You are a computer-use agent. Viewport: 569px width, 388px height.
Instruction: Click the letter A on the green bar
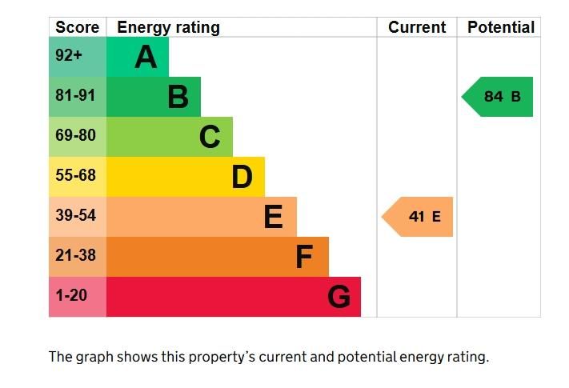(x=145, y=57)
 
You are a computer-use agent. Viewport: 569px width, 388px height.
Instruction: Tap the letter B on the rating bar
(x=178, y=97)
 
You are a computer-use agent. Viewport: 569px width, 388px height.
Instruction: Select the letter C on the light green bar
(x=210, y=137)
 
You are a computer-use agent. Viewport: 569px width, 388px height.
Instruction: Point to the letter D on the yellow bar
(x=242, y=177)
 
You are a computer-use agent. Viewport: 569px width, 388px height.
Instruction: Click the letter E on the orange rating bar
(x=274, y=217)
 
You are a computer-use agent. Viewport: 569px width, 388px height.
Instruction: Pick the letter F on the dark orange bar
(x=304, y=257)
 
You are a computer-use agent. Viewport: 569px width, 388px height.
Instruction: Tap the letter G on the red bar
(x=339, y=297)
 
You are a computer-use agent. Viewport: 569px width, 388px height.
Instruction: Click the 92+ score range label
(x=69, y=57)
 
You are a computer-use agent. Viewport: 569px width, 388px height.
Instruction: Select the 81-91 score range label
(x=75, y=96)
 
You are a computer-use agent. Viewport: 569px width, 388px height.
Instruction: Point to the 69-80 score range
(x=75, y=136)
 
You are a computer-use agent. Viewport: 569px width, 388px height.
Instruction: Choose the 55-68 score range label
(x=75, y=176)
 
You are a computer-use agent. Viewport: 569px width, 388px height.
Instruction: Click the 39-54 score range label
(x=75, y=216)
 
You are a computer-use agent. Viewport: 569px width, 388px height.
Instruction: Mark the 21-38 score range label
(x=75, y=256)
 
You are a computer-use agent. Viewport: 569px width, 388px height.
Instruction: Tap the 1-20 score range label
(x=70, y=296)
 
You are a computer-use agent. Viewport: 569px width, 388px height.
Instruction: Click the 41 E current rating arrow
(x=418, y=217)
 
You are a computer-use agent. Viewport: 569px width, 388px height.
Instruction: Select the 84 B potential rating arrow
(x=498, y=97)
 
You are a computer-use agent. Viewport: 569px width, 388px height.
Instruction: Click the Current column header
(x=417, y=27)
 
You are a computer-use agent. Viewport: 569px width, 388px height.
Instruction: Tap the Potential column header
(x=500, y=27)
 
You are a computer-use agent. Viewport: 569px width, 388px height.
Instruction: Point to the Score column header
(x=77, y=27)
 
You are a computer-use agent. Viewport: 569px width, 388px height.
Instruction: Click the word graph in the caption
(x=94, y=357)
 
